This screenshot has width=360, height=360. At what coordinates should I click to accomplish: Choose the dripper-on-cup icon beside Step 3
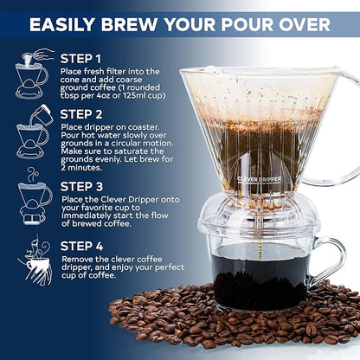coord(32,197)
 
